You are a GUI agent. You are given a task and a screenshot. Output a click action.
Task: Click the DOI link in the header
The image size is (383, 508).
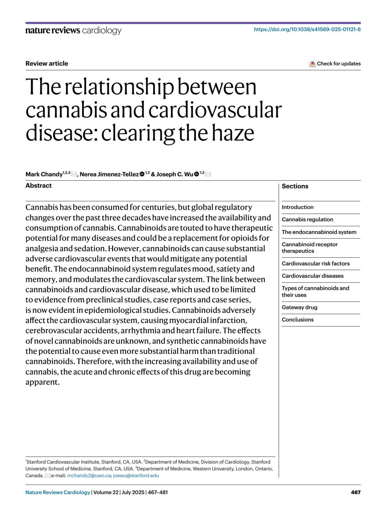coord(307,29)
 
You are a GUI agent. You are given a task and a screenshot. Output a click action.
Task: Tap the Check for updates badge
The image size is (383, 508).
coord(335,63)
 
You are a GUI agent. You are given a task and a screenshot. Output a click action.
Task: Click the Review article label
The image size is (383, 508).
coord(47,63)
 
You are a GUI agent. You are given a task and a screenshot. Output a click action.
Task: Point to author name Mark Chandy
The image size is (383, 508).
coord(44,174)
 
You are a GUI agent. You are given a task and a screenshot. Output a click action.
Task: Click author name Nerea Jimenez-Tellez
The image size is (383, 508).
coord(109,174)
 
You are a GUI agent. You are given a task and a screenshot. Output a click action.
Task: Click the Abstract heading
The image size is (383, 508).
coord(39,186)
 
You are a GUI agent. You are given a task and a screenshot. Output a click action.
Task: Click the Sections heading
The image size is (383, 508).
coord(295,186)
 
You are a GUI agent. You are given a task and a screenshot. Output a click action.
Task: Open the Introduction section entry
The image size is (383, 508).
coord(297,207)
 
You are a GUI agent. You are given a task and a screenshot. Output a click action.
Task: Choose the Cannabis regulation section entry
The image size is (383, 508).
coord(307,219)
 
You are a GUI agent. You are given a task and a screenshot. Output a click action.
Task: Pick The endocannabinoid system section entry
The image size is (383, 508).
coord(319,232)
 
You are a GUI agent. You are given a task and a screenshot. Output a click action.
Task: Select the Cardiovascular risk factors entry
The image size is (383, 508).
coord(316,263)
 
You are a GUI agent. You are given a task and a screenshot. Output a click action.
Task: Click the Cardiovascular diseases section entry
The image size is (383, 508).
coord(312,276)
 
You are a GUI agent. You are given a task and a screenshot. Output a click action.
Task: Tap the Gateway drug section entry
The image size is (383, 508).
coord(299,307)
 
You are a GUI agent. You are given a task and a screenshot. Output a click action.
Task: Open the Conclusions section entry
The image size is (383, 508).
coord(297,320)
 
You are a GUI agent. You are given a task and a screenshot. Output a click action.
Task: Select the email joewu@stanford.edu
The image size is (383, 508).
coord(136,475)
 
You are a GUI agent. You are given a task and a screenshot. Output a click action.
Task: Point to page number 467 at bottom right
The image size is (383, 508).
coord(356,492)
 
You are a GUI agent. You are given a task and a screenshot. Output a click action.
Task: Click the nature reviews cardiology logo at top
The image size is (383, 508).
coord(73,30)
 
